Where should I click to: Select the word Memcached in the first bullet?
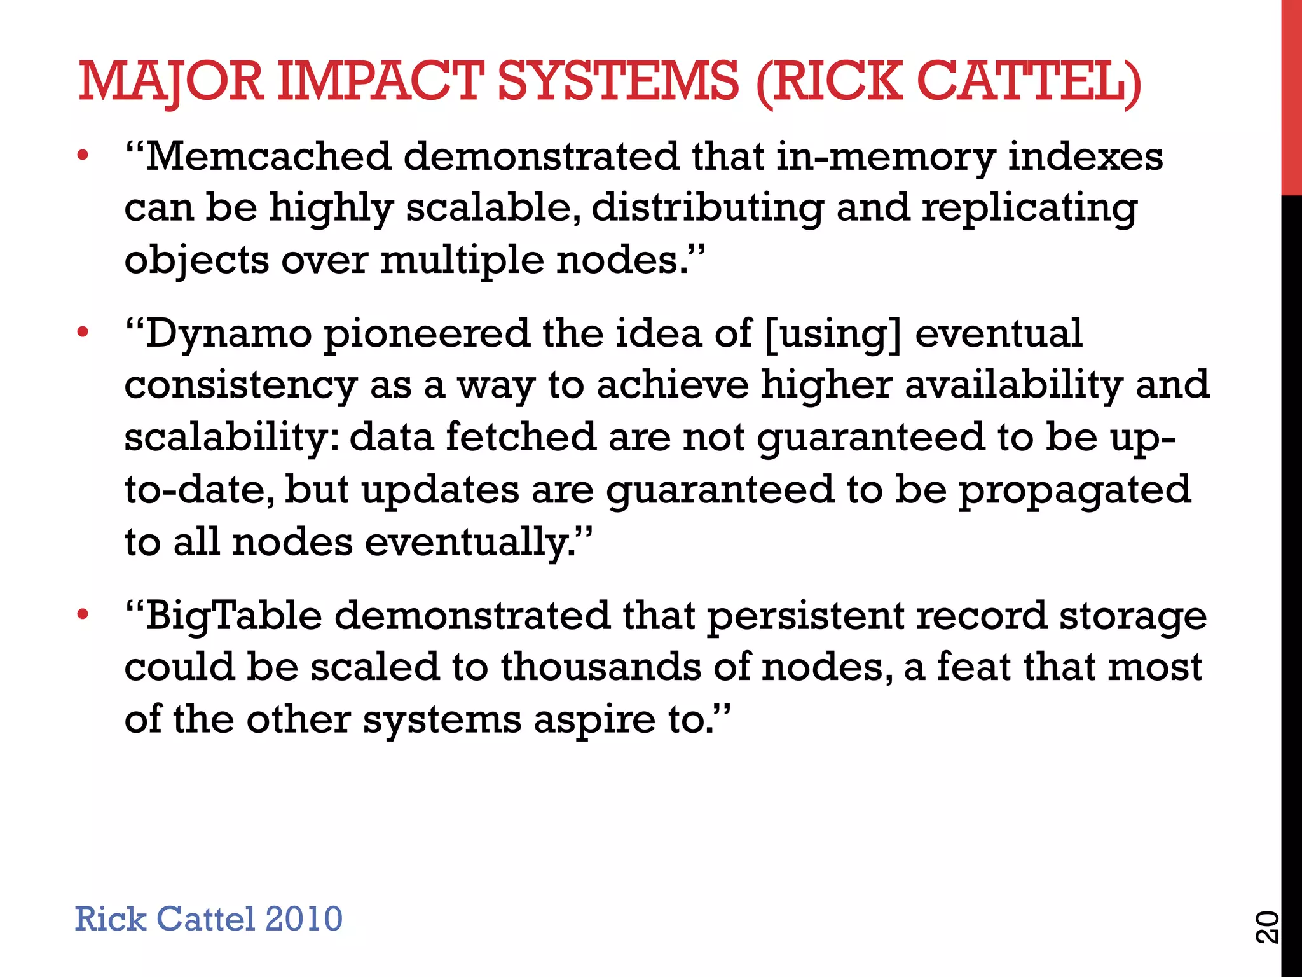(x=268, y=156)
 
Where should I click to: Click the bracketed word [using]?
(x=833, y=335)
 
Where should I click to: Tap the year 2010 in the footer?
(x=303, y=918)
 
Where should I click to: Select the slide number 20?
(x=1266, y=927)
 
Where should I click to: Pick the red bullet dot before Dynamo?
(x=82, y=332)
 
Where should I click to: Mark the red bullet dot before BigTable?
(x=82, y=614)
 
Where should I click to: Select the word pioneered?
(x=427, y=335)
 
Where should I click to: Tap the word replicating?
(x=1029, y=209)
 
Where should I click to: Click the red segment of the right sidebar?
(x=1291, y=95)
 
